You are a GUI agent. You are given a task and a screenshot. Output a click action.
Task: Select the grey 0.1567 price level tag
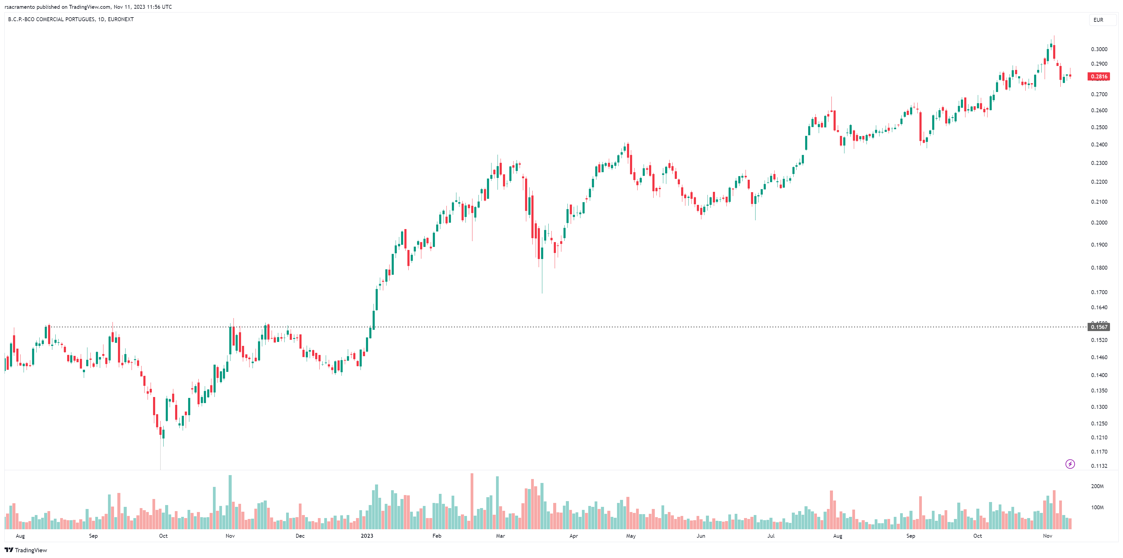[1099, 327]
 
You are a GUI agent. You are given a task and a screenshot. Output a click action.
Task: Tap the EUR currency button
[1098, 20]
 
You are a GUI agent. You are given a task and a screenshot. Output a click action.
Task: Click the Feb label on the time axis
[437, 536]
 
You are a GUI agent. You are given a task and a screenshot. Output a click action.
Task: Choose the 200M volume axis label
[1097, 486]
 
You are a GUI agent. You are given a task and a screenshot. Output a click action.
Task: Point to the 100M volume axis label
[1097, 507]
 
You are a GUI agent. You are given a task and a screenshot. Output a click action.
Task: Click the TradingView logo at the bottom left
[26, 550]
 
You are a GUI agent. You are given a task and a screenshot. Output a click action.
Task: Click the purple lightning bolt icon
[1070, 464]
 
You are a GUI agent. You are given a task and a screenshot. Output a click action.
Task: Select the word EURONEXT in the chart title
[121, 19]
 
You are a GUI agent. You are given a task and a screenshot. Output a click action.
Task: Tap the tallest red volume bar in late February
[472, 501]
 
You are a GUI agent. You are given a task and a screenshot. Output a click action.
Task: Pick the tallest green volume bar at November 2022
[230, 502]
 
